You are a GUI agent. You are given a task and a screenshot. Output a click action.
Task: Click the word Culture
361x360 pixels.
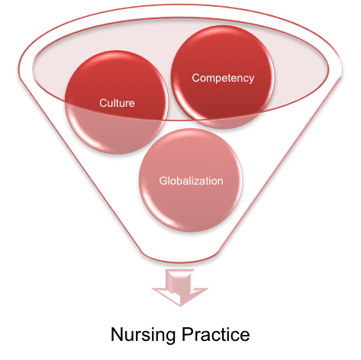(117, 103)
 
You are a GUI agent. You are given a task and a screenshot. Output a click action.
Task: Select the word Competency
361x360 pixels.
(223, 78)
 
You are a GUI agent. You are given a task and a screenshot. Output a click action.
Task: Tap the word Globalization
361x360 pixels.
(192, 181)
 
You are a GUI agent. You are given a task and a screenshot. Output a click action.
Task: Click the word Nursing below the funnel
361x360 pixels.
(143, 336)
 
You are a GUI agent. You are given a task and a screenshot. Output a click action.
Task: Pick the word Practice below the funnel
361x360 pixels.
(215, 334)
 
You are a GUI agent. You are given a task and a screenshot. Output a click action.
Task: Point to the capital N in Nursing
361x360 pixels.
(117, 334)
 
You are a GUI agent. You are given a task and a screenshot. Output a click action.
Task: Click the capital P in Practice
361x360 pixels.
(187, 334)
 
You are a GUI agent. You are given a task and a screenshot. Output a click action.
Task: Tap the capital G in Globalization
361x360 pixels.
(163, 181)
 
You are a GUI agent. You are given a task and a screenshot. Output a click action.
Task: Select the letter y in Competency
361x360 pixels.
(251, 79)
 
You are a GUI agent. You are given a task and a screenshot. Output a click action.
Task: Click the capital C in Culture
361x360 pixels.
(103, 103)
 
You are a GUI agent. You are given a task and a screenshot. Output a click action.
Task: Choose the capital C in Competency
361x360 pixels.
(196, 78)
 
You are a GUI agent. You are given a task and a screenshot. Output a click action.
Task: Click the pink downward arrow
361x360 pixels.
(180, 288)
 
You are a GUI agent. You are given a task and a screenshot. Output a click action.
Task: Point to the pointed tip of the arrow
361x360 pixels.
(180, 306)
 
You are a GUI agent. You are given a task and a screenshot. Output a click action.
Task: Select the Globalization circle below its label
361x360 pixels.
(191, 208)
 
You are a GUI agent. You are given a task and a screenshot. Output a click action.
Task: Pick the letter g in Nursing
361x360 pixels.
(169, 337)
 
